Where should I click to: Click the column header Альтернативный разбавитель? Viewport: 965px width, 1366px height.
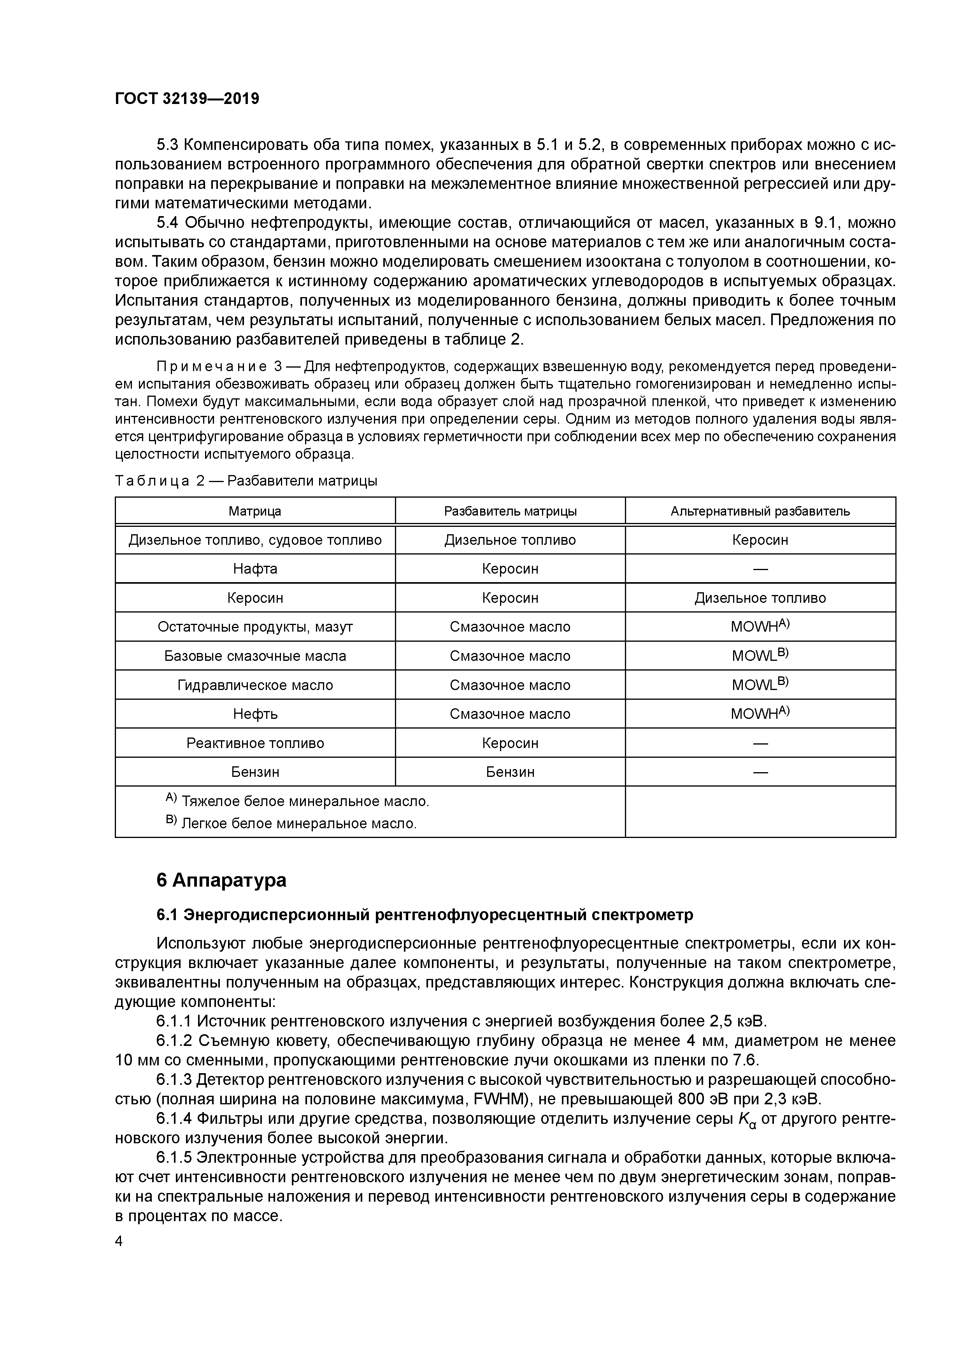pos(760,511)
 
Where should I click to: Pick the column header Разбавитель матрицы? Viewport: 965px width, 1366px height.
pos(510,511)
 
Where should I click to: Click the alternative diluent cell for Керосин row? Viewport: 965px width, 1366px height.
pos(760,598)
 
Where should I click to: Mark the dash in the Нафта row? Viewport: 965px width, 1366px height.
pos(760,569)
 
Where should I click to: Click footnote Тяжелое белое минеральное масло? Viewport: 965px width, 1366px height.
pos(304,801)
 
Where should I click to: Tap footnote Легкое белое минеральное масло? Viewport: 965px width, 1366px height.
pos(298,824)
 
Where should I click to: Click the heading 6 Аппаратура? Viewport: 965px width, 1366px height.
pos(221,880)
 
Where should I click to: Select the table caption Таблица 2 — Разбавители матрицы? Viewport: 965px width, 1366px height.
pos(246,481)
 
